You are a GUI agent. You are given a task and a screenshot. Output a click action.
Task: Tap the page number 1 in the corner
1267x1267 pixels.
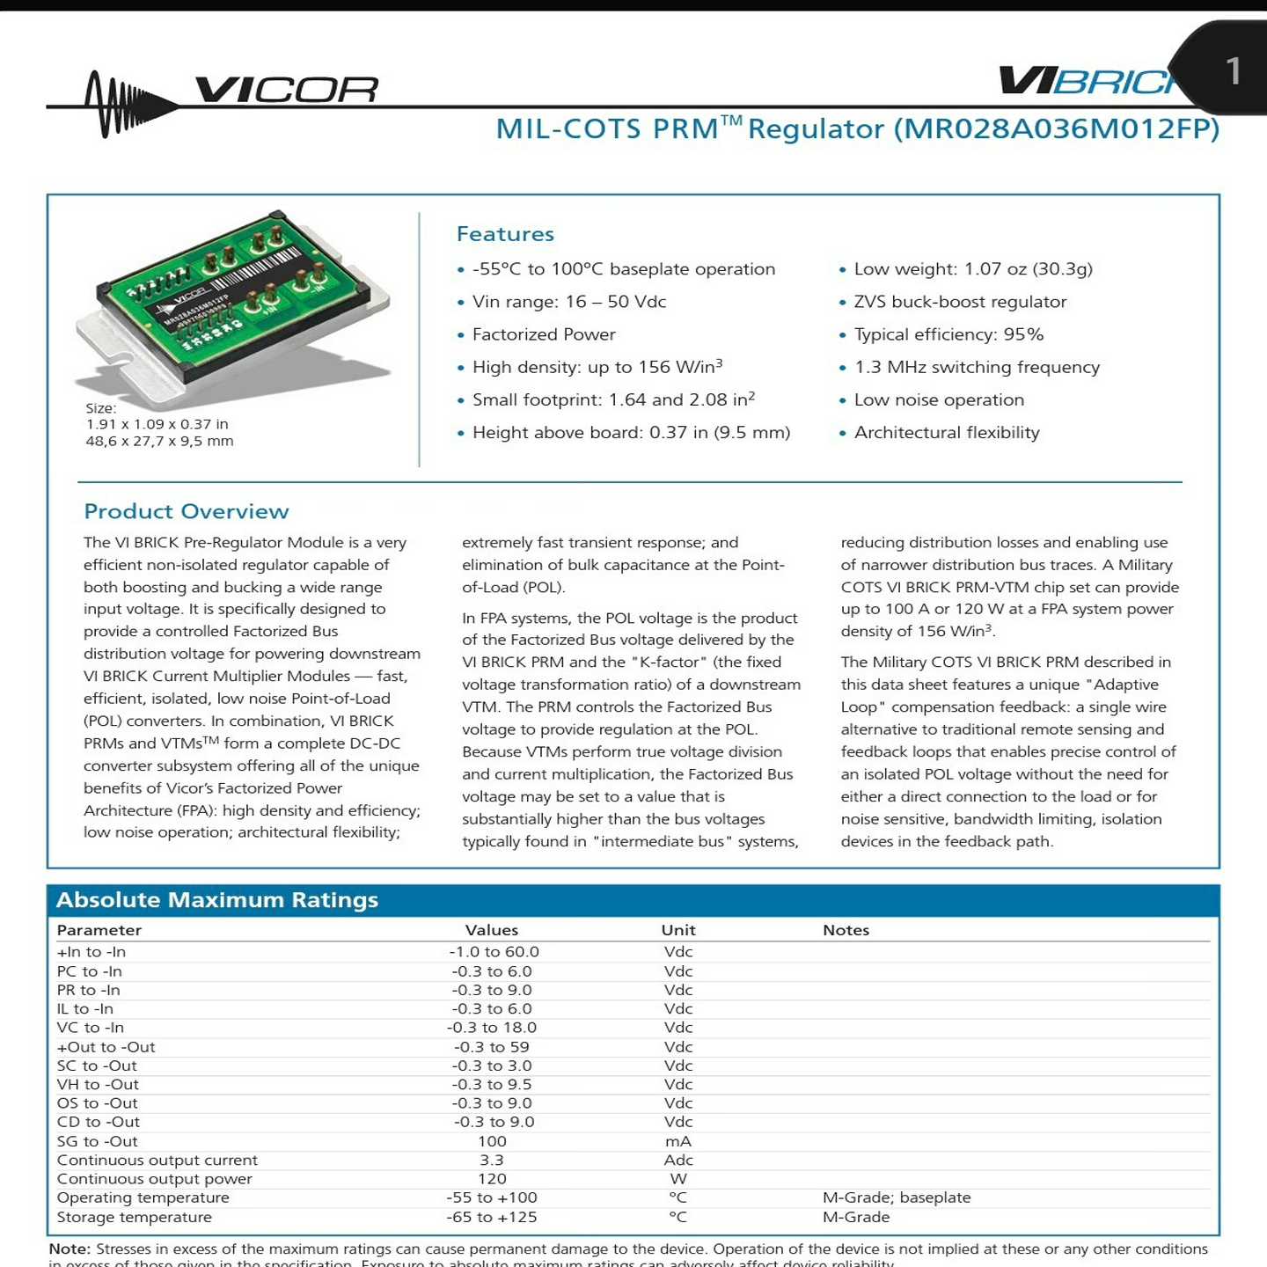coord(1233,71)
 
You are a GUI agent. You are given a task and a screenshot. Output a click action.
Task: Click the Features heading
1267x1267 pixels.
coord(505,234)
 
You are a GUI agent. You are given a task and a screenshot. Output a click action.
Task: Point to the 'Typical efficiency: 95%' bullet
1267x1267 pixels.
coord(948,334)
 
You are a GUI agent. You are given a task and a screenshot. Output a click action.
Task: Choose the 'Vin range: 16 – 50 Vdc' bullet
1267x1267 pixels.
coord(568,302)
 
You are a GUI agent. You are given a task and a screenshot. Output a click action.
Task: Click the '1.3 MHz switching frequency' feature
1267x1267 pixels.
coord(977,367)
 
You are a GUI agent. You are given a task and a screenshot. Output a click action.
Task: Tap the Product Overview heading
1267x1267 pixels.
coord(186,511)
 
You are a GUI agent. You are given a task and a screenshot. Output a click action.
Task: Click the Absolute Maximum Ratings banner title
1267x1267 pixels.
coord(216,900)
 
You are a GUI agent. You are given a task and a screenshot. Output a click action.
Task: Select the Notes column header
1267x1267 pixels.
coord(846,930)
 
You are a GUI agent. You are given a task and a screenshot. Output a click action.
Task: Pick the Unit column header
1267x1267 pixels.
coord(678,930)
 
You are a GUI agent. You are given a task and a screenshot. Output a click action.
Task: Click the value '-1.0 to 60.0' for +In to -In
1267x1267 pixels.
coord(494,952)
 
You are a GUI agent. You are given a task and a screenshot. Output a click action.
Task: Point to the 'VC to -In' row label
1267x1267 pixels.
coord(91,1028)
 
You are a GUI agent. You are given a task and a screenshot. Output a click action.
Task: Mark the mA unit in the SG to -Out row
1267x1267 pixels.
coord(678,1141)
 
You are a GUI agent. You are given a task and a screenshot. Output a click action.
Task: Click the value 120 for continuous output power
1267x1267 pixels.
coord(492,1179)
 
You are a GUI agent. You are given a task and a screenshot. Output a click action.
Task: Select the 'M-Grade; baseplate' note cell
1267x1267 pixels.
coord(897,1197)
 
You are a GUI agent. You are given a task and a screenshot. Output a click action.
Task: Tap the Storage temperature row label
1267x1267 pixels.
coord(134,1217)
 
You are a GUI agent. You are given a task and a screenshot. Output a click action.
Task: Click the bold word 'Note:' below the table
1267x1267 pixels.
coord(70,1249)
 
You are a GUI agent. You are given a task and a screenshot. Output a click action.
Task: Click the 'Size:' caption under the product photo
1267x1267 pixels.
coord(101,408)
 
